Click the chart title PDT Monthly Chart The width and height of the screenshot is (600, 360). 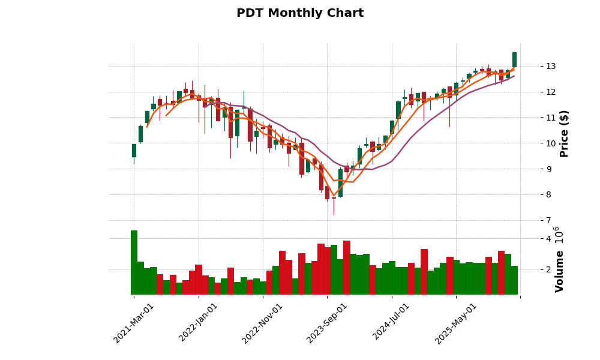[x=300, y=13]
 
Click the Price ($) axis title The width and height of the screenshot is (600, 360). [x=564, y=133]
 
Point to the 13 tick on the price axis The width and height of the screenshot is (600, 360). [x=550, y=66]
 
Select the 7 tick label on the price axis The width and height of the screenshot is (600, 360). [x=548, y=220]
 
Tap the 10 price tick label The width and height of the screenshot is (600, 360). [x=550, y=143]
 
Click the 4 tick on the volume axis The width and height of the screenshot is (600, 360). [x=548, y=239]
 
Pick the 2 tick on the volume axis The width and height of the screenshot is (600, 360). [x=548, y=269]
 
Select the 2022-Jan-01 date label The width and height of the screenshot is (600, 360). [x=199, y=323]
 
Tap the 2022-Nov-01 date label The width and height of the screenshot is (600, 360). [x=263, y=323]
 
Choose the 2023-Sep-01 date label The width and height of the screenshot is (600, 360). [x=327, y=323]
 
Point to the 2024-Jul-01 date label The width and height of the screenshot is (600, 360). [x=392, y=323]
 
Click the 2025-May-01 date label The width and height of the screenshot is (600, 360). [x=456, y=323]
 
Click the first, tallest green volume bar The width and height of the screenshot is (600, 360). [x=134, y=262]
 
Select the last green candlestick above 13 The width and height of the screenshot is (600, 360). [x=514, y=59]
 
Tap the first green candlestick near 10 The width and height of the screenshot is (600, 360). [x=134, y=150]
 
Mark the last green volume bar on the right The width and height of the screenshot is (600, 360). [x=514, y=280]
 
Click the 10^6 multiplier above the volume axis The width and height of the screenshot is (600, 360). [x=558, y=235]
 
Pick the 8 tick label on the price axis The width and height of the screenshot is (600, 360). [x=548, y=194]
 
